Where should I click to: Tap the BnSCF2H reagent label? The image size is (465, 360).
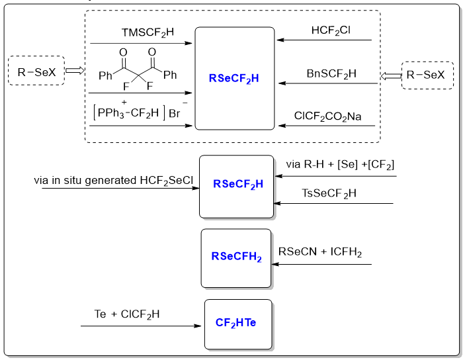331,73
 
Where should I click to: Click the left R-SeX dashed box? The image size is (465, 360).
36,71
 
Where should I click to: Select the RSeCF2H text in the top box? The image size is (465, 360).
234,78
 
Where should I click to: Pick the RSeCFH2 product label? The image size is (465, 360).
236,257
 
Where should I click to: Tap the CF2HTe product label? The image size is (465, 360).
236,323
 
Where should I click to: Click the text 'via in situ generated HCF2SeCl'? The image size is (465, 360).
114,181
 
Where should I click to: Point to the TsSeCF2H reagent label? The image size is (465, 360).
329,193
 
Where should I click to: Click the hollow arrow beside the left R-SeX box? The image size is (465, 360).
74,71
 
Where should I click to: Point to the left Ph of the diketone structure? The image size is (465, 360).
105,75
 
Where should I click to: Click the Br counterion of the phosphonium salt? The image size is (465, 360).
175,114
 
